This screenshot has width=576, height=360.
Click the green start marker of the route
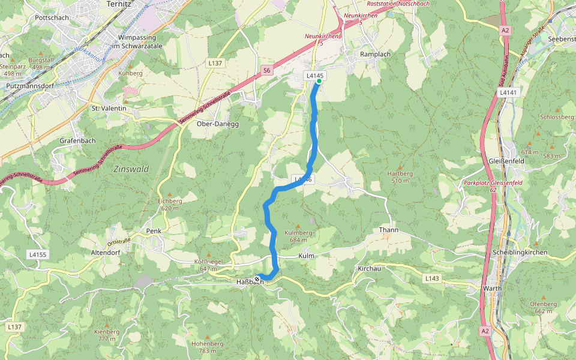point(319,82)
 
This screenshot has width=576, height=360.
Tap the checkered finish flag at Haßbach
point(257,280)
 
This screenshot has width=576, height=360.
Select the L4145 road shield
point(314,76)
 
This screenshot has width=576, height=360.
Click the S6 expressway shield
point(267,71)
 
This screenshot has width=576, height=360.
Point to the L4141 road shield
point(507,93)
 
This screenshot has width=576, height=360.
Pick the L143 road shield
point(431,278)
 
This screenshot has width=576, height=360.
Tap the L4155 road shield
point(37,255)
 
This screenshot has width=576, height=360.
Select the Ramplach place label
point(375,54)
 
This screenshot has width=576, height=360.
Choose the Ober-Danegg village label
point(218,124)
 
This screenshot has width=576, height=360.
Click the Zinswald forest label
point(131,169)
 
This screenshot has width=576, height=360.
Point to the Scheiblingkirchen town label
point(519,253)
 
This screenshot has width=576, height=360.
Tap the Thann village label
point(388,230)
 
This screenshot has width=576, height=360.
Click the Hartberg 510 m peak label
point(400,177)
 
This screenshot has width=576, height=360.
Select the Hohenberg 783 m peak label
point(207,347)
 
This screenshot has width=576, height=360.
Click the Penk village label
point(154,230)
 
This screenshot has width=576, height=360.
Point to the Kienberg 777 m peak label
point(106,335)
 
